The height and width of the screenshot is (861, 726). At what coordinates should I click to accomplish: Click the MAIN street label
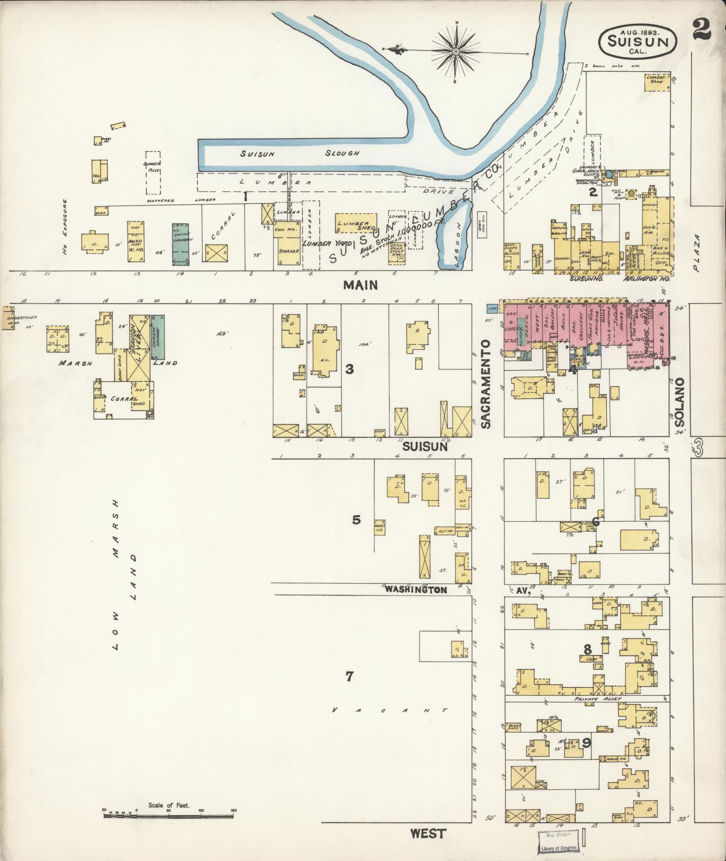tap(360, 285)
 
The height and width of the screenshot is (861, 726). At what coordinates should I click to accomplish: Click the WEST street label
tap(428, 834)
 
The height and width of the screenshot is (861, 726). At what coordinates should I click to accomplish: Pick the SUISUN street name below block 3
tap(424, 447)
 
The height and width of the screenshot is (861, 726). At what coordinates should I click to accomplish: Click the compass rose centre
tap(455, 52)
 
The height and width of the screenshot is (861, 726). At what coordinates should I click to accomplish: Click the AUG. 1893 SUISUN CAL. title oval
tap(637, 41)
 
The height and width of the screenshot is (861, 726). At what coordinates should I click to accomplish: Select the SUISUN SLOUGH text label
tap(299, 153)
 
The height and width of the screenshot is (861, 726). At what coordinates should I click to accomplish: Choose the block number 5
tap(356, 520)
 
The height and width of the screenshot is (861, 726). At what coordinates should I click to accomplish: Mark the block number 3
tap(349, 370)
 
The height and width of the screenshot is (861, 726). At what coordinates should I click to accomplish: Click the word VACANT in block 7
tap(390, 711)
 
